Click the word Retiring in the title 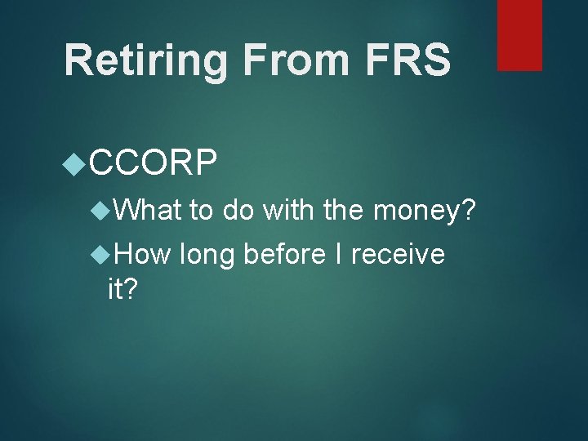(x=136, y=61)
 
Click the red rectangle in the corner (x=520, y=34)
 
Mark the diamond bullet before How (x=103, y=255)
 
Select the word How (x=142, y=255)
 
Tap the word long (x=207, y=255)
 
